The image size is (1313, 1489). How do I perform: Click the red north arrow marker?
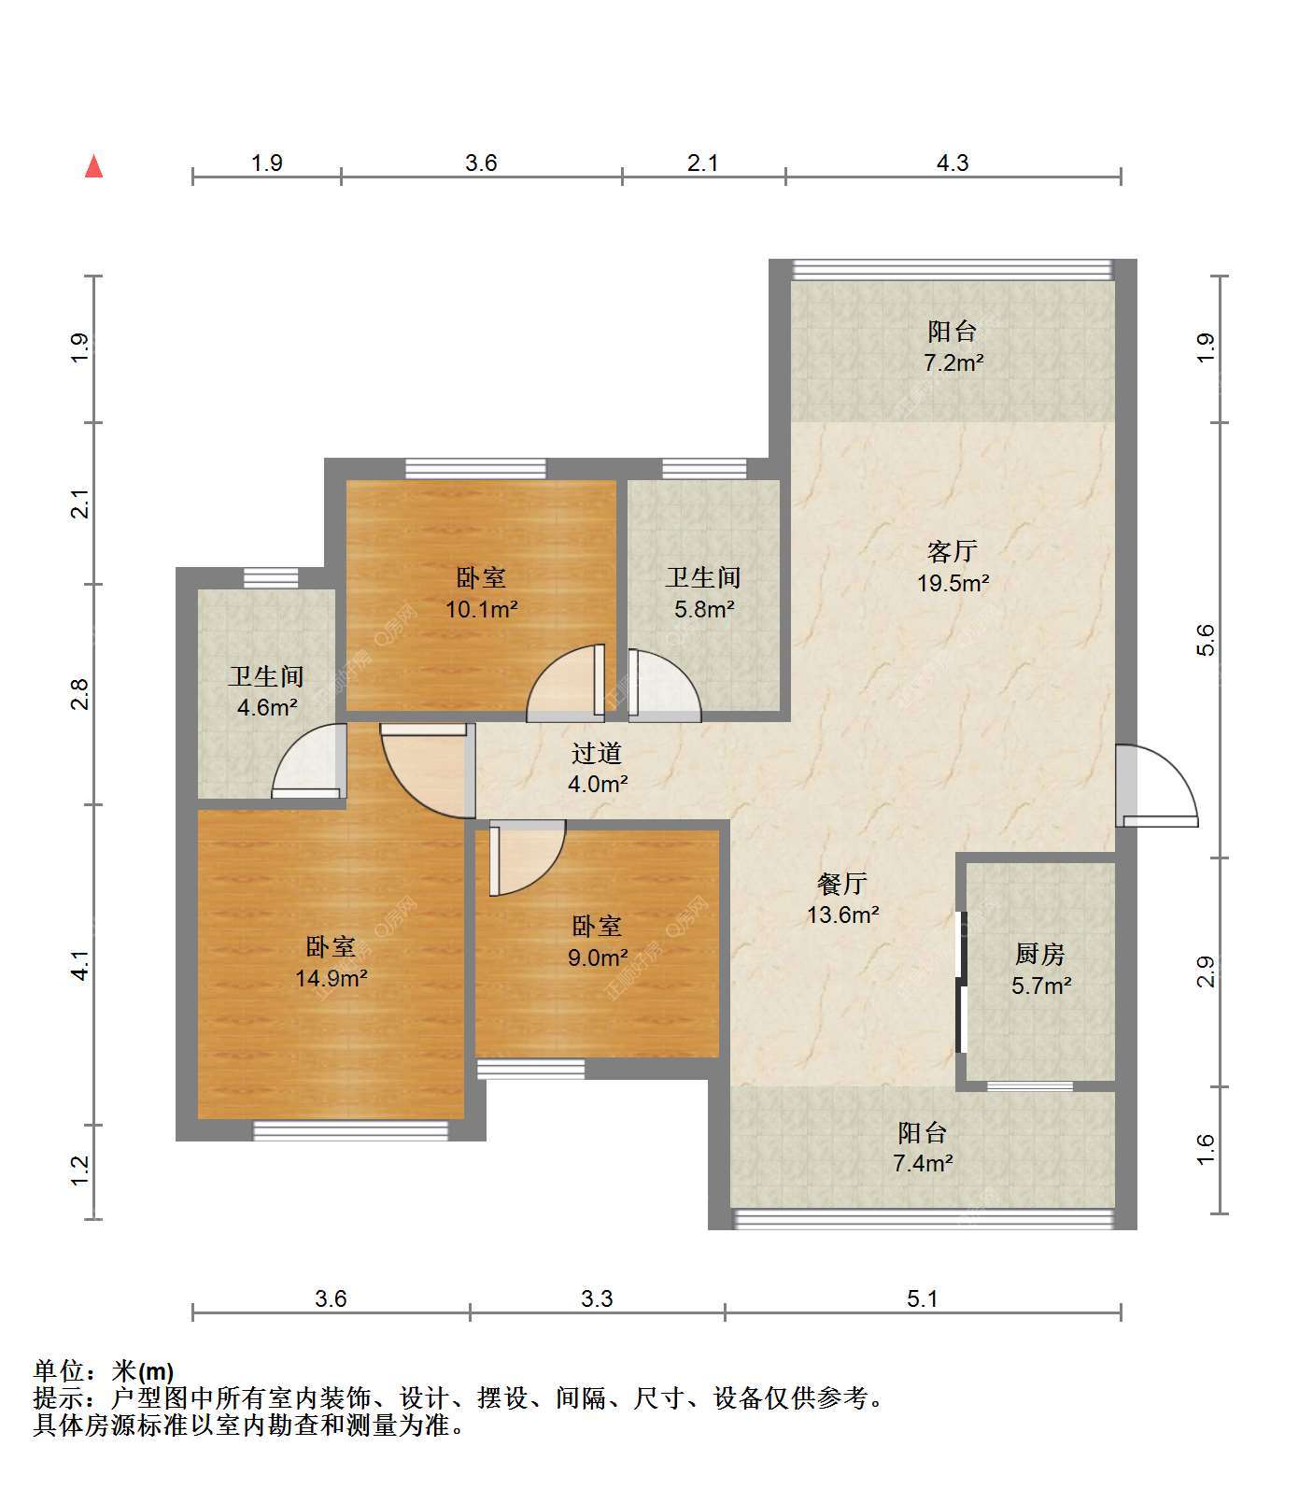93,166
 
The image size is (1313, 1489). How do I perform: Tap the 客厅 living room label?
953,551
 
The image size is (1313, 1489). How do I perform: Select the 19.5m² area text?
953,584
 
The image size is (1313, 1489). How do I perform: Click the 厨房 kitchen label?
1039,954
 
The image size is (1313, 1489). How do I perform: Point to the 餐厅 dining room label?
842,883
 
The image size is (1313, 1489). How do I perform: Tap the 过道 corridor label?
597,753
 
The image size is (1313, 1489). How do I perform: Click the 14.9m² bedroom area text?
331,979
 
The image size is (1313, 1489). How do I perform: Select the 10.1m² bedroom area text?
481,610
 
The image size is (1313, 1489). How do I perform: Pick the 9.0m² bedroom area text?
598,957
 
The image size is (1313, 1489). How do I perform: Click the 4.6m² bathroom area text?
267,707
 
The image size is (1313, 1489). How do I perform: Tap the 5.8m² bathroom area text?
703,610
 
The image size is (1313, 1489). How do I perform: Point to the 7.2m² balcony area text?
953,362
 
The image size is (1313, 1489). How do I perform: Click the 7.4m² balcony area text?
923,1163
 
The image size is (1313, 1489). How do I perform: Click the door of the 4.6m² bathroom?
309,761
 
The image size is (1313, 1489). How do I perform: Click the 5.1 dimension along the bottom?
922,1298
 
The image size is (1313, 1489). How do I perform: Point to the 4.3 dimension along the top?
953,163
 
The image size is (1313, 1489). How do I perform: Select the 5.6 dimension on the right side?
1206,640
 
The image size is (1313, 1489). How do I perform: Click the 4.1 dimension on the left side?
81,965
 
